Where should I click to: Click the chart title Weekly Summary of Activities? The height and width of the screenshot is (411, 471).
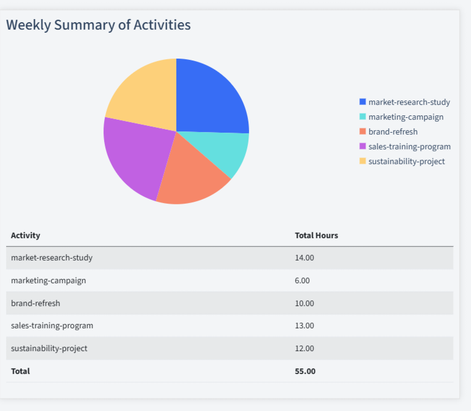tap(98, 25)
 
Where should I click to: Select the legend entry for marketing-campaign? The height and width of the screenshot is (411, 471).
tap(406, 117)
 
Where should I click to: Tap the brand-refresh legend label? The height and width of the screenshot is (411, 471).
tap(393, 132)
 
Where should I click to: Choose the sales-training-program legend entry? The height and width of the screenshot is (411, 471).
tap(409, 147)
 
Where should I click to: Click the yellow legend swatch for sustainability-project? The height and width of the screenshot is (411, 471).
tap(362, 161)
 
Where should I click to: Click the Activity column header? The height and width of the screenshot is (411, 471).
tap(25, 236)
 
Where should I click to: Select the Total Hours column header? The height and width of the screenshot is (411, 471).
tap(316, 236)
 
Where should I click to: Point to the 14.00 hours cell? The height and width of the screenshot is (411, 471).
tap(305, 258)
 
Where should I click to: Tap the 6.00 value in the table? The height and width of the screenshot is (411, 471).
tap(302, 281)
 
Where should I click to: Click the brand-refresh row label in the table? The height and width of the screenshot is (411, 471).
tap(36, 304)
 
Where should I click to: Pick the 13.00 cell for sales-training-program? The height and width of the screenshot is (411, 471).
tap(305, 326)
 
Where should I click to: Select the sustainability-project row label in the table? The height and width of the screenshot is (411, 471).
tap(49, 349)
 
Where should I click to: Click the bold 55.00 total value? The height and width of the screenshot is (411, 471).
tap(305, 372)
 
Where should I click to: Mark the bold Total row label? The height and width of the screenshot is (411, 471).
tap(20, 372)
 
